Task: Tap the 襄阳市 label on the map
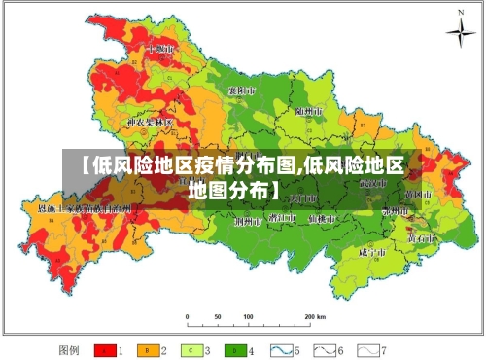coord(240,90)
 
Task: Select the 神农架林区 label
coord(150,123)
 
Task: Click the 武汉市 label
coord(371,182)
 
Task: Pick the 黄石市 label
coord(421,236)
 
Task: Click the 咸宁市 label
coord(372,250)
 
